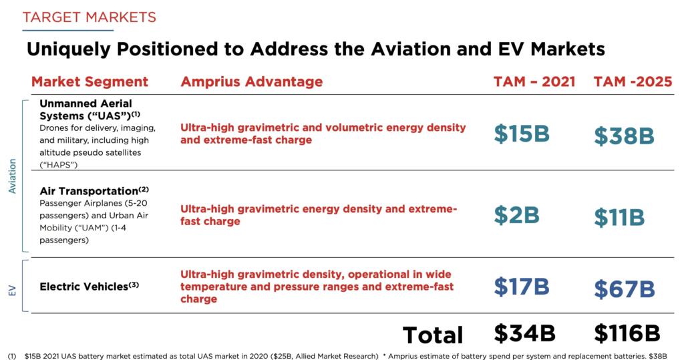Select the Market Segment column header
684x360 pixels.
tap(90, 81)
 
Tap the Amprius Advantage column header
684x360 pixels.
tap(251, 81)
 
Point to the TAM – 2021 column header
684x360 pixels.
tap(534, 81)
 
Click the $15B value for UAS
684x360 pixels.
tap(522, 133)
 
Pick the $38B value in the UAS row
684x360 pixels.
tap(624, 136)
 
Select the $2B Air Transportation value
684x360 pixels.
tap(516, 214)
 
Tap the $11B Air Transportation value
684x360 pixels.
tap(619, 218)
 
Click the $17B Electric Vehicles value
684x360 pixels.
tap(521, 286)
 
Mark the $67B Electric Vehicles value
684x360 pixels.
tap(624, 289)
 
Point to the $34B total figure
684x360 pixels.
tap(525, 333)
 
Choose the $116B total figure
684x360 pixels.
tap(627, 333)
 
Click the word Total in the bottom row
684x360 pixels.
tap(432, 335)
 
